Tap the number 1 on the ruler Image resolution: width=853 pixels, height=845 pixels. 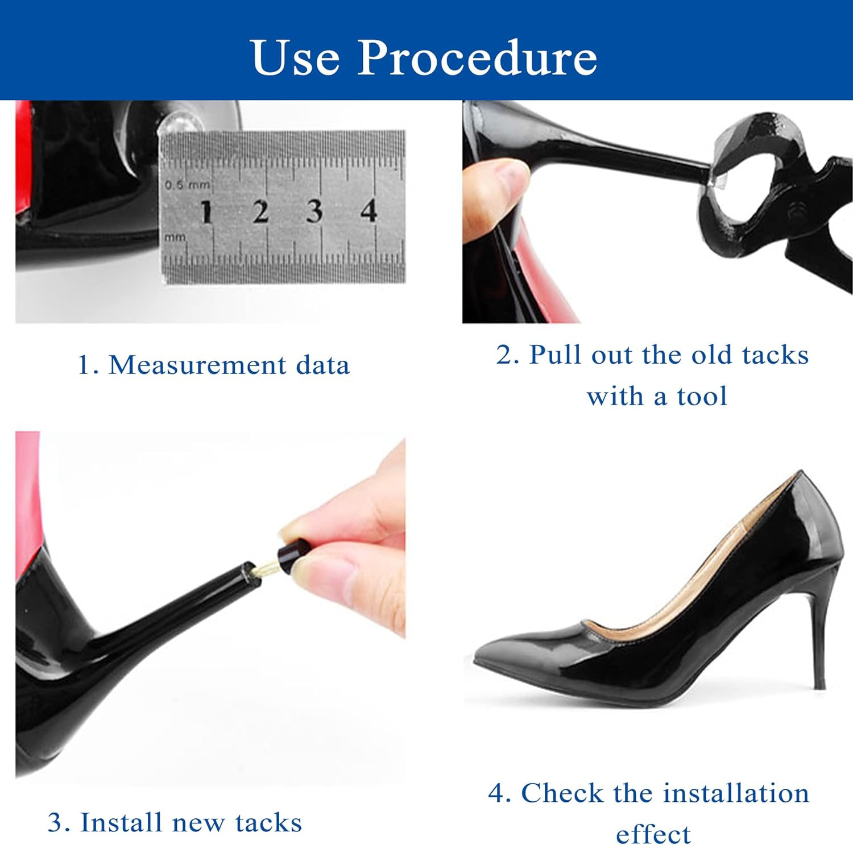206,212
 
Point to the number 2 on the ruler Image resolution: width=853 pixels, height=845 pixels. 260,211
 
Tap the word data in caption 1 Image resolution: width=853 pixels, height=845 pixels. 322,365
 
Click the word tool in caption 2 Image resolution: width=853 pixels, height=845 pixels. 702,396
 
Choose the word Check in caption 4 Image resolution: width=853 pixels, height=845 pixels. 562,793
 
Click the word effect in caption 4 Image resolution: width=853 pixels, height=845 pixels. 653,834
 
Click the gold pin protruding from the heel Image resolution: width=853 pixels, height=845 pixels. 265,567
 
